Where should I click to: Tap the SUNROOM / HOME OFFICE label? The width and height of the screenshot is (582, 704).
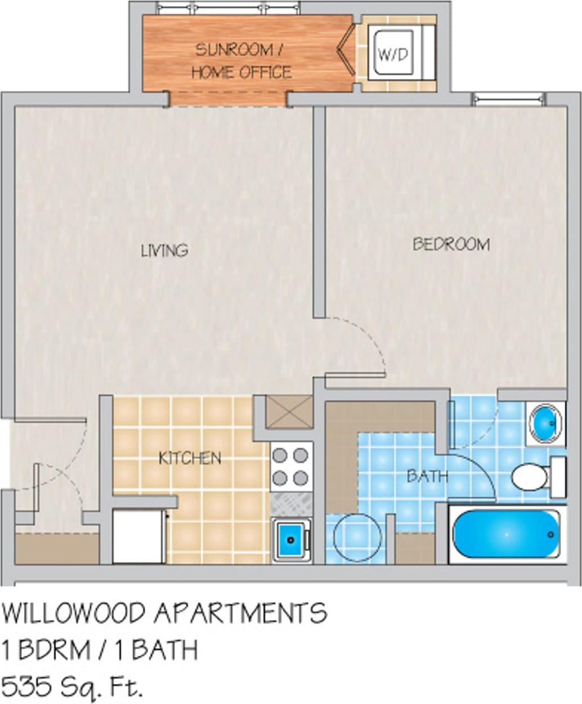point(241,61)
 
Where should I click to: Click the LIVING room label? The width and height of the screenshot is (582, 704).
point(164,249)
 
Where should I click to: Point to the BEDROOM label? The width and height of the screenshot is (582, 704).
point(451,244)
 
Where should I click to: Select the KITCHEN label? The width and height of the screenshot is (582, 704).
point(190,457)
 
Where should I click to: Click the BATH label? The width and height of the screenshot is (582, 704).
point(428,476)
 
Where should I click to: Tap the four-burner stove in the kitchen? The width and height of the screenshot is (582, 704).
point(291,466)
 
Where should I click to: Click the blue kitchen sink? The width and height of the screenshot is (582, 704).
point(291,539)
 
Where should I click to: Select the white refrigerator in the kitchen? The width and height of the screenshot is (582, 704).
point(139,536)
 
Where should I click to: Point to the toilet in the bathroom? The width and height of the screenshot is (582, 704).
point(532,476)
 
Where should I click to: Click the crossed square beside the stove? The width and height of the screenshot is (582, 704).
point(289,412)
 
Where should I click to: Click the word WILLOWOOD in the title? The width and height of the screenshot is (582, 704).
point(75,613)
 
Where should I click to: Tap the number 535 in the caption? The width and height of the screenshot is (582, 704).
point(22,686)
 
